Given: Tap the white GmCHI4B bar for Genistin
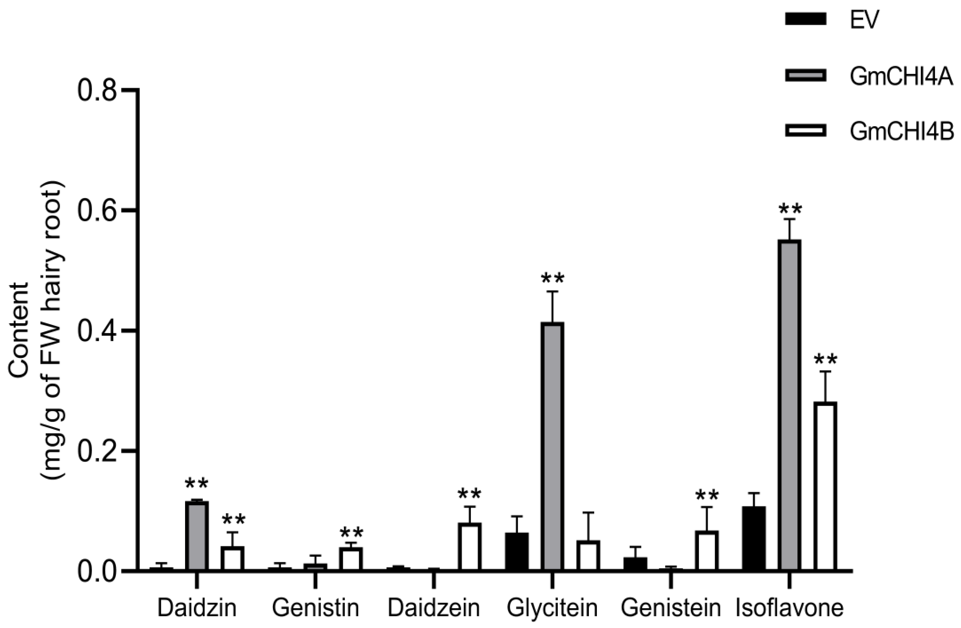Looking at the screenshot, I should (x=351, y=559).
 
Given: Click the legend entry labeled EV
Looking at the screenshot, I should (x=864, y=20).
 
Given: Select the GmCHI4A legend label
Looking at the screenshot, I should (x=901, y=76).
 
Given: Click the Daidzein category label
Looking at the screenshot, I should (x=434, y=608).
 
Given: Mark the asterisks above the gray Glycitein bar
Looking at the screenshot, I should (x=552, y=278).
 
